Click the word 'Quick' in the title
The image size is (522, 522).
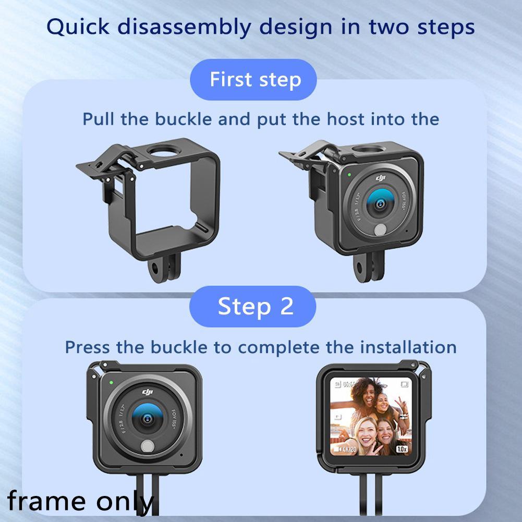click(x=77, y=27)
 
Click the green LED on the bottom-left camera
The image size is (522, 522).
click(x=111, y=382)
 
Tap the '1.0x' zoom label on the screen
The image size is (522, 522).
click(x=401, y=448)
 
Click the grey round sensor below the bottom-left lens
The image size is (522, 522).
click(x=148, y=446)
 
